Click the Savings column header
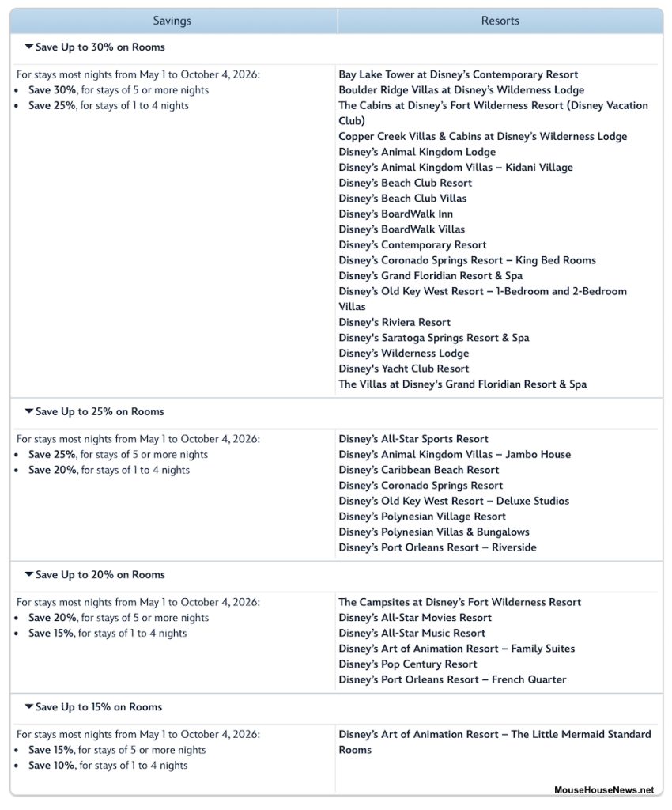pyautogui.click(x=172, y=21)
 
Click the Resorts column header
pyautogui.click(x=500, y=21)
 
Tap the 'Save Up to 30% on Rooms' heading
pyautogui.click(x=100, y=47)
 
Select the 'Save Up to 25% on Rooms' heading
pyautogui.click(x=100, y=411)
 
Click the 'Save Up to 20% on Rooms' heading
pyautogui.click(x=100, y=575)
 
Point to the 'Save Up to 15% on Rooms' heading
pyautogui.click(x=99, y=707)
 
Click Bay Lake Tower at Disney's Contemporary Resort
pyautogui.click(x=459, y=74)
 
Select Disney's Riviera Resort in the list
pyautogui.click(x=395, y=322)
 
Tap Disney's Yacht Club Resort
pyautogui.click(x=403, y=369)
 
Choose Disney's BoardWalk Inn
pyautogui.click(x=395, y=214)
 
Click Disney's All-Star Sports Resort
pyautogui.click(x=413, y=439)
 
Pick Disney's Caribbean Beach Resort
pyautogui.click(x=418, y=470)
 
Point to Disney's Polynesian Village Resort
pyautogui.click(x=422, y=517)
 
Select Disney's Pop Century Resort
pyautogui.click(x=408, y=664)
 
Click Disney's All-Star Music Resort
pyautogui.click(x=412, y=634)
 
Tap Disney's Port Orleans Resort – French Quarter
pyautogui.click(x=452, y=679)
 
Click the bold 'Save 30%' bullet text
pyautogui.click(x=51, y=90)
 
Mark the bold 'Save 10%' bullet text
pyautogui.click(x=51, y=766)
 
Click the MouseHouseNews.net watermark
pyautogui.click(x=604, y=789)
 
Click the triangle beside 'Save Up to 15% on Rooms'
pyautogui.click(x=29, y=707)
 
